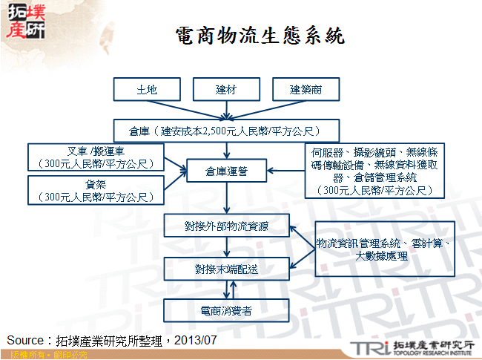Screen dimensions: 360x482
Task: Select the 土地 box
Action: tap(147, 90)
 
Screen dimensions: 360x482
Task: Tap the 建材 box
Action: tap(225, 90)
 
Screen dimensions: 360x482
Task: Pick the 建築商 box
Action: tap(305, 90)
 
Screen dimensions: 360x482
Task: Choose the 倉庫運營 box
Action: tap(227, 171)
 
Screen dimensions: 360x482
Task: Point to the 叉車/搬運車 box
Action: tap(95, 157)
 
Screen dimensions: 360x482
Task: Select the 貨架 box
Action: tap(95, 190)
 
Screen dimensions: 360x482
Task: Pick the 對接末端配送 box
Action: tap(227, 268)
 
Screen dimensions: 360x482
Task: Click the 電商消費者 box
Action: tap(227, 310)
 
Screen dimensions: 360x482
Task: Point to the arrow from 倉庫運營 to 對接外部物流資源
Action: tap(227, 197)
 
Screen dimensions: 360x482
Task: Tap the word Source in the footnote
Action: tap(25, 340)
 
